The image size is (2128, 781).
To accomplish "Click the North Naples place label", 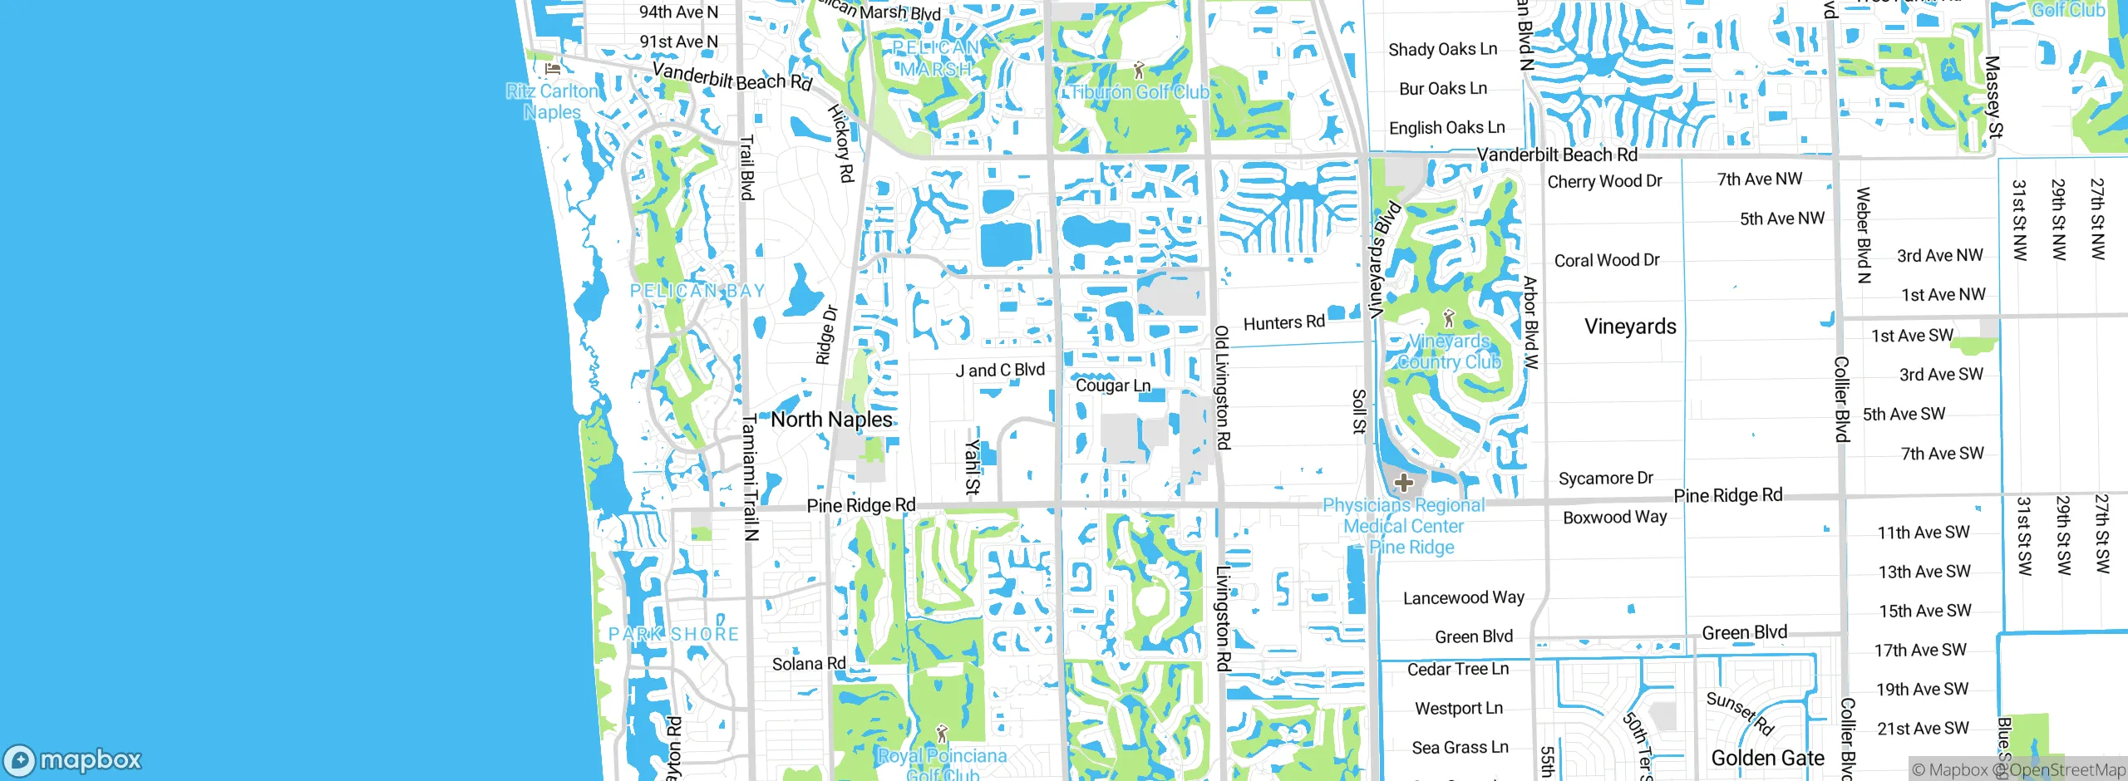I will (x=831, y=420).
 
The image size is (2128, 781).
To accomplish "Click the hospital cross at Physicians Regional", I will (x=1404, y=483).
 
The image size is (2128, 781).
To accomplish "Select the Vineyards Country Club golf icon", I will (x=1449, y=319).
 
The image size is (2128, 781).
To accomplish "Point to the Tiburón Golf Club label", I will (x=1139, y=92).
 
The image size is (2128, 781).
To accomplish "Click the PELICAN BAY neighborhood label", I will (x=697, y=291).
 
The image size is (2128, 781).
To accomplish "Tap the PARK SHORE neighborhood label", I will (x=673, y=634).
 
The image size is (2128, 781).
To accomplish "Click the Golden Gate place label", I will (x=1767, y=758).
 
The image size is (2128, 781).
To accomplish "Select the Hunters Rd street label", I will (x=1283, y=322).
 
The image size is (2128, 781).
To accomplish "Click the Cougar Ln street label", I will (x=1112, y=386).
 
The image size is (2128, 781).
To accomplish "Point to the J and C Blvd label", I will (x=999, y=371).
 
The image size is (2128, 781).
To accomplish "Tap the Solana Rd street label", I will (x=808, y=664).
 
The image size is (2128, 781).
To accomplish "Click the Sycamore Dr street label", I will (x=1605, y=478).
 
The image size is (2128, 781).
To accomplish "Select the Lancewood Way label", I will (x=1463, y=597).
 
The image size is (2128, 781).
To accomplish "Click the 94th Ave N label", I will (x=677, y=12).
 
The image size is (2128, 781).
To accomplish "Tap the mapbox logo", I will (x=73, y=759).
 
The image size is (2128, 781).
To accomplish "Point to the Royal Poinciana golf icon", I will (x=942, y=734).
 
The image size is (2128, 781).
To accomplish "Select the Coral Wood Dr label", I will (x=1606, y=260).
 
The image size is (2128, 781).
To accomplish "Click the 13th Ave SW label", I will (x=1924, y=572).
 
